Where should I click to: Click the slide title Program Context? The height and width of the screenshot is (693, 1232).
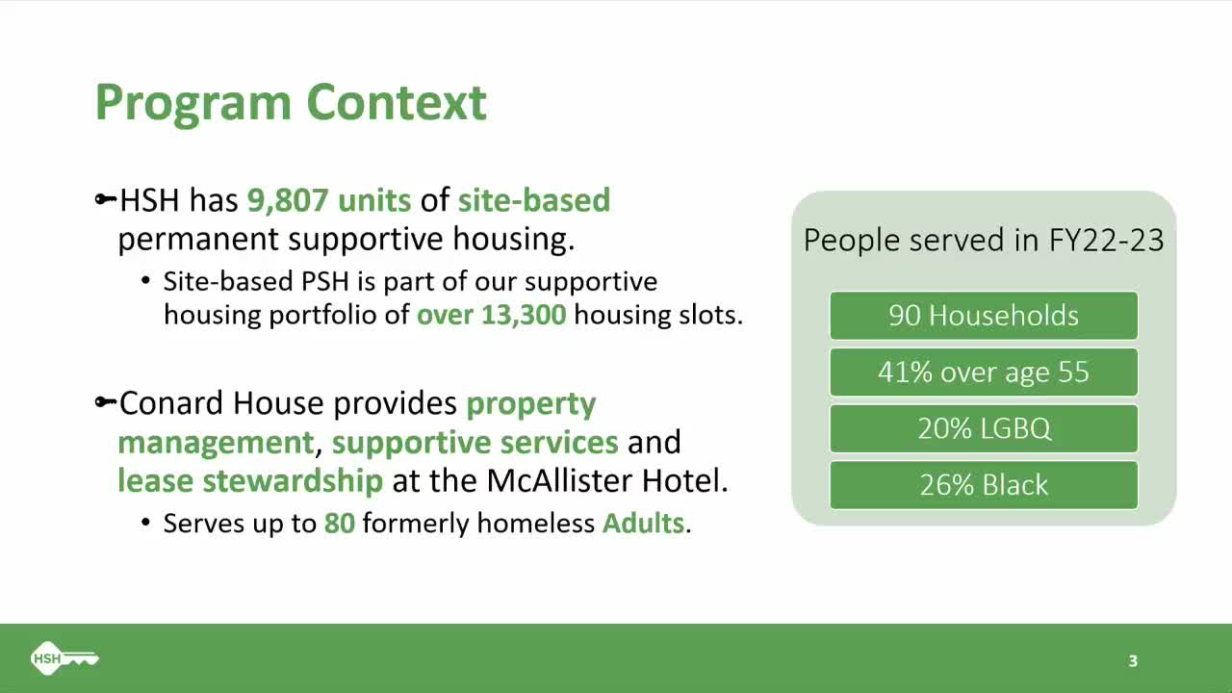click(291, 102)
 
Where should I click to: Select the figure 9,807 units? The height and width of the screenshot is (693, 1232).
click(329, 200)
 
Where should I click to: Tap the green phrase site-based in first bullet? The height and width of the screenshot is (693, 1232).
click(533, 200)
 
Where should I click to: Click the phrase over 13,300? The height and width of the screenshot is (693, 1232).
click(491, 315)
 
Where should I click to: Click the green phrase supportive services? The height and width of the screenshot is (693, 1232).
click(475, 442)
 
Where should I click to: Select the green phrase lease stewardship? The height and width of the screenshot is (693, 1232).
click(250, 480)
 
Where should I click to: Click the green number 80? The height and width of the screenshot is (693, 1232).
click(339, 524)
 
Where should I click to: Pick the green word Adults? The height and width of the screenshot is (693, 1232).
click(643, 524)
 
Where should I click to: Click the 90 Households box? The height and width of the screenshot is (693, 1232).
click(983, 316)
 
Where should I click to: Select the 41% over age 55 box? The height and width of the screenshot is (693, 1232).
click(983, 372)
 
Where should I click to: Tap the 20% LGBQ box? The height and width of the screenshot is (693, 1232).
click(983, 428)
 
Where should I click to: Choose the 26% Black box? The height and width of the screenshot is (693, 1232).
click(983, 485)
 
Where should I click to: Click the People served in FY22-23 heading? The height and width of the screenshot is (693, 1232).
click(983, 240)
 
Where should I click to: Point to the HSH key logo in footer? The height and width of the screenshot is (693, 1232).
click(64, 658)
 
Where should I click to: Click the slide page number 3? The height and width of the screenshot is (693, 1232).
click(1133, 660)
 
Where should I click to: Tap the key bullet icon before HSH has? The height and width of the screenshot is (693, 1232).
click(105, 200)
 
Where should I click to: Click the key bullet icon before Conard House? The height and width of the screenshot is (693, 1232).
click(105, 402)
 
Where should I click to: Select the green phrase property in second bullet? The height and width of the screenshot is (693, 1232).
click(530, 403)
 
